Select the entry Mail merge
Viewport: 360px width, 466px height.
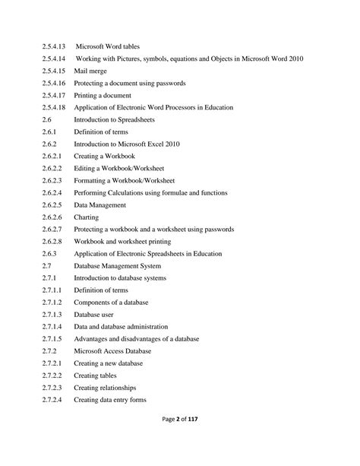[90, 71]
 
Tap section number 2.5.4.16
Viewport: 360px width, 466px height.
[54, 84]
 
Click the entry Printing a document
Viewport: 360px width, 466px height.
[103, 96]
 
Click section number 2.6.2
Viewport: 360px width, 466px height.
[49, 144]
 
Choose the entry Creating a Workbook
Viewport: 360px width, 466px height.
[104, 157]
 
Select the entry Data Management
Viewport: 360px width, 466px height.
[100, 205]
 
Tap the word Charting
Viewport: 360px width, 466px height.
[86, 217]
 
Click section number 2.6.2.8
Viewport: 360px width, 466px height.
[52, 242]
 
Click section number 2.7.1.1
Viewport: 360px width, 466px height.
[52, 290]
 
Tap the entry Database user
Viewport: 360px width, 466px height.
[95, 315]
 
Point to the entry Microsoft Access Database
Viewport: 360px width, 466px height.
[112, 351]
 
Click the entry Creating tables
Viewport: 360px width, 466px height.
[96, 376]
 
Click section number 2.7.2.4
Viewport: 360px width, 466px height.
[52, 400]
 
